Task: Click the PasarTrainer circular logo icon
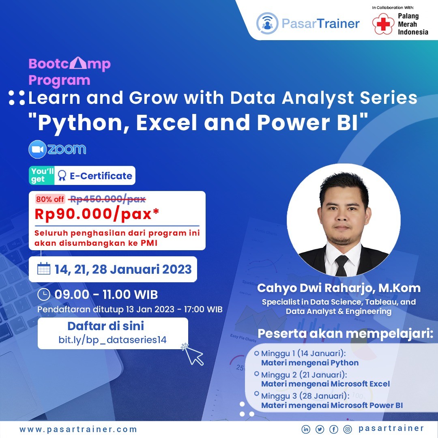267,23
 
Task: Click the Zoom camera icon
37,150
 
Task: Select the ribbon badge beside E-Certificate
62,176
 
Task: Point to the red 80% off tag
50,199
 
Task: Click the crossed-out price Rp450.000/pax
107,199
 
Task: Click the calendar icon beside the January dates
43,269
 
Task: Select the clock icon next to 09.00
43,294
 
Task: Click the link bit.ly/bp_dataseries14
112,340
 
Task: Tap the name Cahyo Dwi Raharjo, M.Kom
339,288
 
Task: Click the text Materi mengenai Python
310,363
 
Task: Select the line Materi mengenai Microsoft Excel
325,384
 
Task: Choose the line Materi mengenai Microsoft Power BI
332,405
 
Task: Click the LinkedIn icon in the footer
306,429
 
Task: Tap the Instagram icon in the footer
347,429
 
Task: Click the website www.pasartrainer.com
78,429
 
